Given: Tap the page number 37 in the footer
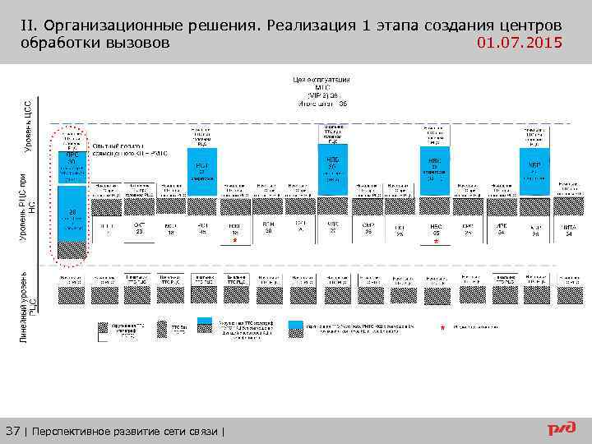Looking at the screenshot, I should coord(14,431).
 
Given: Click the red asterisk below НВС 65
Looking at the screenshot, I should coord(436,242).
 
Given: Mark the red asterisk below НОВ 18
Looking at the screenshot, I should coord(234,242).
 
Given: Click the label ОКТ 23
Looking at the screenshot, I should coord(139,228).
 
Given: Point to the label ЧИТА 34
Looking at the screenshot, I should coord(568,229).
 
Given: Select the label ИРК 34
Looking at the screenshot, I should coord(501,228).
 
